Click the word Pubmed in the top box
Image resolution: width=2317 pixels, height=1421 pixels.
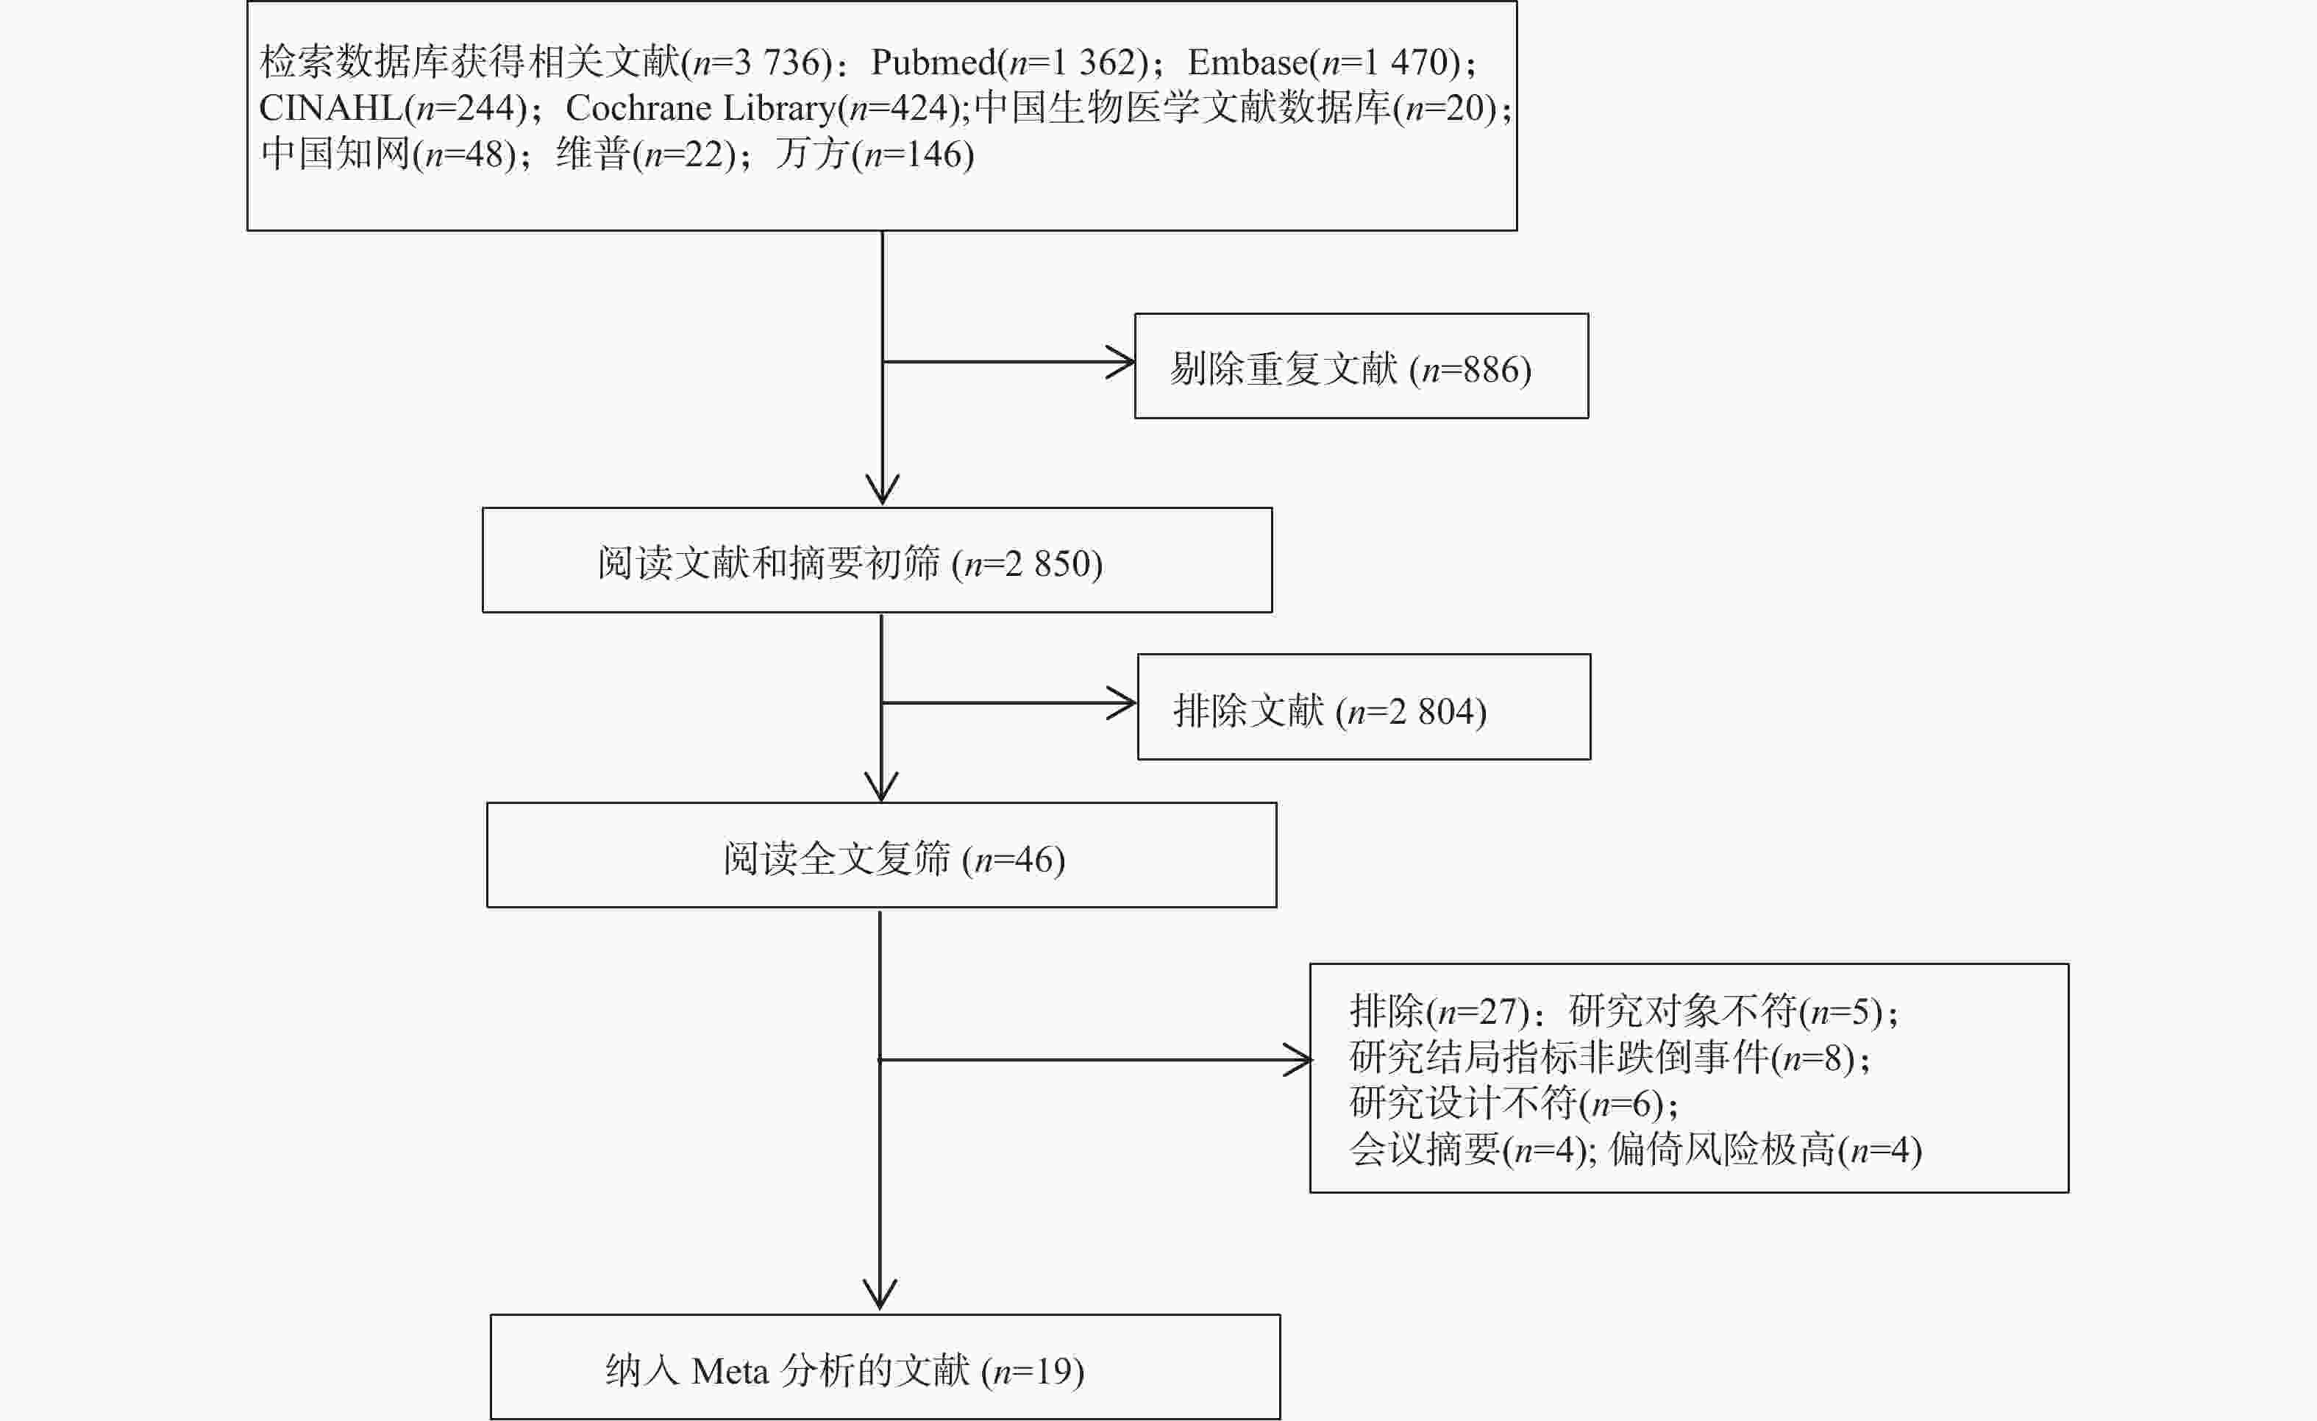(933, 62)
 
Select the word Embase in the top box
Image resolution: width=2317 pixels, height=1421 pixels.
(1247, 62)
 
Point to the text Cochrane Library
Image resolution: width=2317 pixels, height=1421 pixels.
(700, 108)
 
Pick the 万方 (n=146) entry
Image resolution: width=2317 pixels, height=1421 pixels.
(875, 154)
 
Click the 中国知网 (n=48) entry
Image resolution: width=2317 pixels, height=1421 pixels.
(388, 154)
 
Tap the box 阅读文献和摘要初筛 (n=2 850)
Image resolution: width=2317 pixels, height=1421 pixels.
(876, 561)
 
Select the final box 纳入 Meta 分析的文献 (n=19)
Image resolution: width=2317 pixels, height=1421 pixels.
(885, 1367)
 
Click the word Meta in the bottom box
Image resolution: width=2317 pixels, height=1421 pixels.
(730, 1371)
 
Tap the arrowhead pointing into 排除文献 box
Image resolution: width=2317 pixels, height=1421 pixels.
(1125, 702)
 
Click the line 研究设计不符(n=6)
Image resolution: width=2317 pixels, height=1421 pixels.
(1513, 1103)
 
